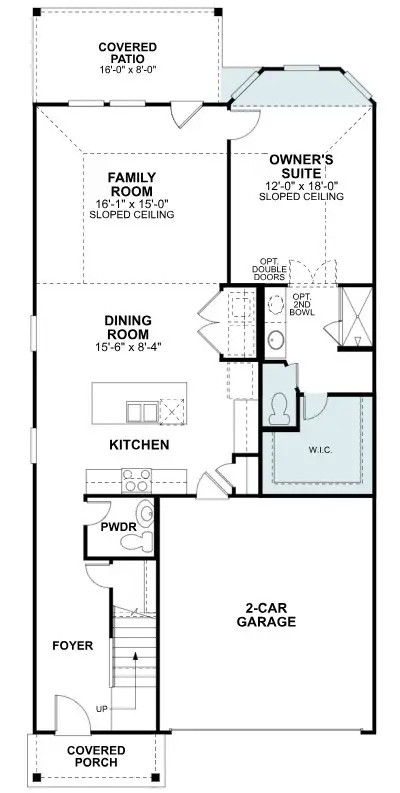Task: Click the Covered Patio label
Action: [x=127, y=53]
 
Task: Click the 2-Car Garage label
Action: [x=265, y=614]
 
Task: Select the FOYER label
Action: [x=72, y=646]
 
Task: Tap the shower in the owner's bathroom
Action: [x=354, y=318]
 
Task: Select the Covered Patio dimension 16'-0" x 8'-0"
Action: [x=127, y=71]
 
